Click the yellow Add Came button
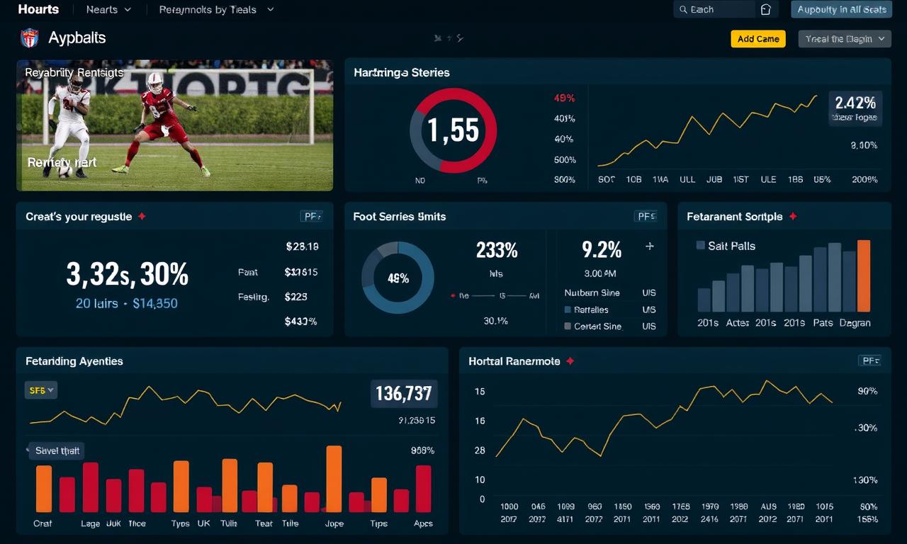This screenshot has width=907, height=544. coord(758,39)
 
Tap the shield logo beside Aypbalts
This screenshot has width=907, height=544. coord(29,38)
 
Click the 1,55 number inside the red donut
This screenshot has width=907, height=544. coord(453,130)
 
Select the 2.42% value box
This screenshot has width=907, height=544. coord(855,108)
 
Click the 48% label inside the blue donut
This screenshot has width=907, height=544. coord(398,278)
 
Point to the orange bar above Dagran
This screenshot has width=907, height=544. coord(863,276)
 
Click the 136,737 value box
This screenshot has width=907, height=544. coord(404,393)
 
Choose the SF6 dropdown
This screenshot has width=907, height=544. coord(41,390)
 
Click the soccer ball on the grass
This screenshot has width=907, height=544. coord(64,170)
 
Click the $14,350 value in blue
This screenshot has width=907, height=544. coord(155,303)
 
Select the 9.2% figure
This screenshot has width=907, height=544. coord(602,249)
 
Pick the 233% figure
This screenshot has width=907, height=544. coord(497,250)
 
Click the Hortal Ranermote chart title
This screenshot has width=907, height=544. coord(514,361)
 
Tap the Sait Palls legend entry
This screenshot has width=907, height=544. coord(726,246)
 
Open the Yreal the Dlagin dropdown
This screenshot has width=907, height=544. coord(844,39)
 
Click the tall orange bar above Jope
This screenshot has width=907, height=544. coord(334,478)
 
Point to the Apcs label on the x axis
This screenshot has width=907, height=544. coord(423,523)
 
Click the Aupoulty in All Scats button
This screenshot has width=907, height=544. coord(841,9)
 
